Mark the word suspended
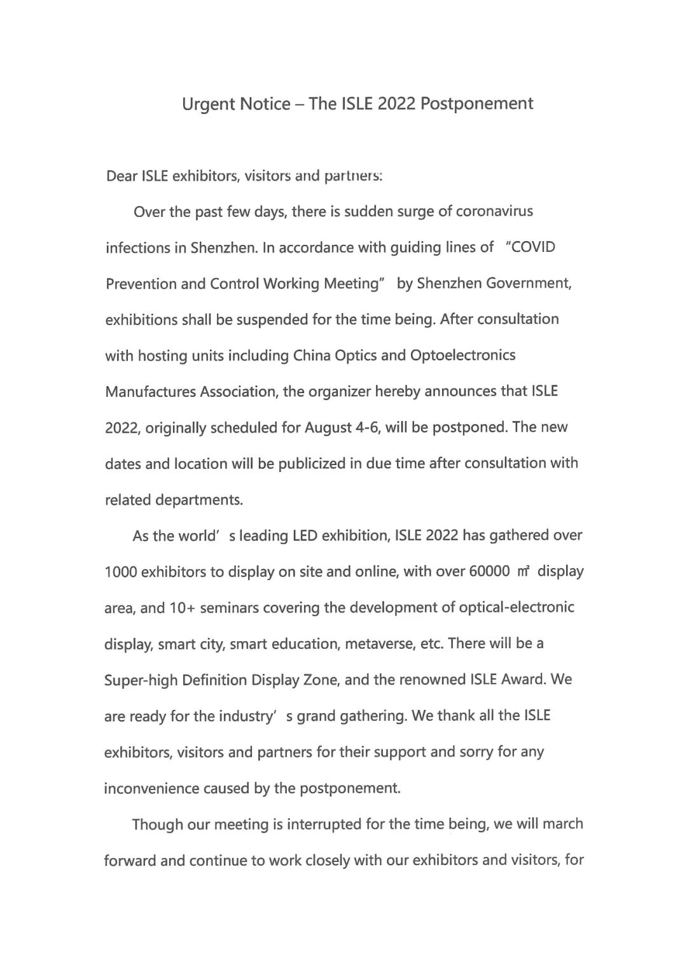(272, 319)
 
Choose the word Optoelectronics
(463, 355)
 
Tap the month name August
(328, 427)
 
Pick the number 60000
(489, 571)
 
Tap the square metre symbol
(524, 571)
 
